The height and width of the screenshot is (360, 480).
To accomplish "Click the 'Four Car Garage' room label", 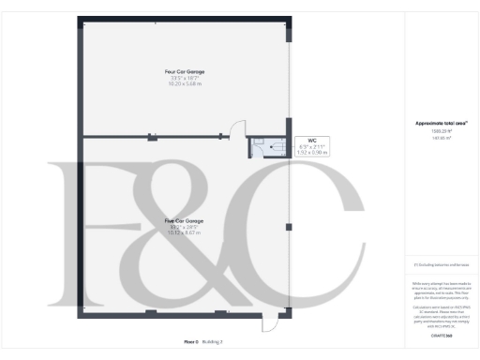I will point(185,71).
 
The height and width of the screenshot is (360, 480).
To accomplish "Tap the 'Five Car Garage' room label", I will point(184,221).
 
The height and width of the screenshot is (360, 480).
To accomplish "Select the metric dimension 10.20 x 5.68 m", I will point(185,83).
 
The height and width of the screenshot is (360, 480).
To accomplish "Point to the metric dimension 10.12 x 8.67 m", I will point(184,233).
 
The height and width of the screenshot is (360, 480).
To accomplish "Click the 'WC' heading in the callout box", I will point(299,141).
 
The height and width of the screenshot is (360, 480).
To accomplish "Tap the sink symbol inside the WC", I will point(255,143).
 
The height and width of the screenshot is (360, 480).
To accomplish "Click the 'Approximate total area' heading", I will point(435,123).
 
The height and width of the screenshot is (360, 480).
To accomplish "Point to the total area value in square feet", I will point(435,131).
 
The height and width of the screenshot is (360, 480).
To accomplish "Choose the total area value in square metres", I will point(435,138).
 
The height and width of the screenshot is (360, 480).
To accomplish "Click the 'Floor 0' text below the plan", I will point(190,342).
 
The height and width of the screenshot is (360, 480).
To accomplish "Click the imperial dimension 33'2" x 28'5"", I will point(184,228).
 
